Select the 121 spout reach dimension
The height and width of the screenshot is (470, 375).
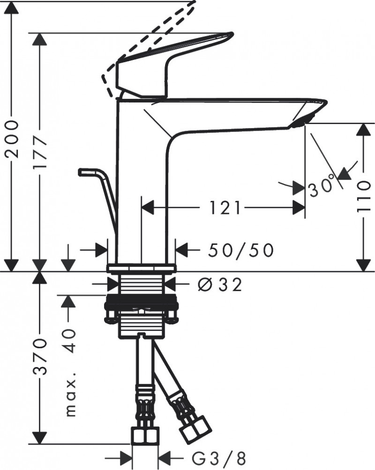(222, 207)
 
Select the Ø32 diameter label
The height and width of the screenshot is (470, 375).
(220, 284)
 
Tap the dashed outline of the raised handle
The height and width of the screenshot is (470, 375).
(155, 28)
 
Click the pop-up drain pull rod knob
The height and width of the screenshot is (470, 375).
(87, 172)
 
